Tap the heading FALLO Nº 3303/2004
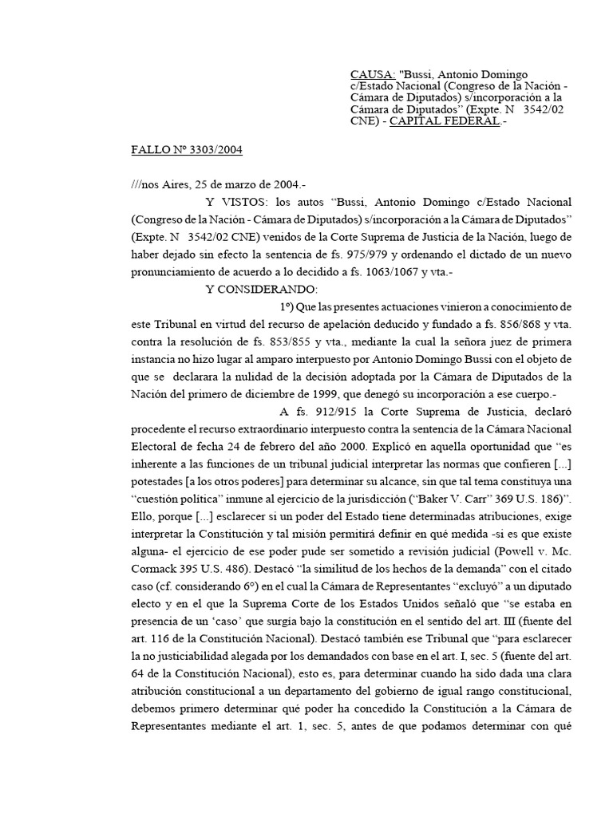(187, 149)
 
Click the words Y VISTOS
(233, 201)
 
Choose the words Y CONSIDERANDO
(261, 289)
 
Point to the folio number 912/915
(326, 412)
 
